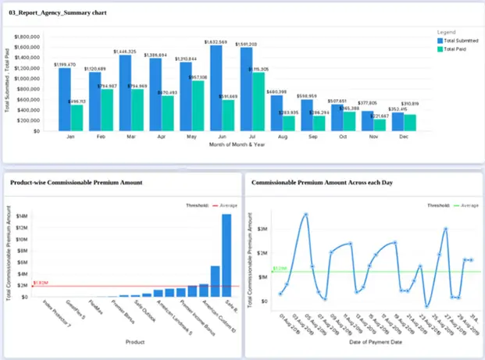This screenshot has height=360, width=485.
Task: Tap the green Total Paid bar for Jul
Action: [258, 102]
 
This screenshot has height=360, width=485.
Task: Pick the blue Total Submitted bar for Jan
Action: [65, 99]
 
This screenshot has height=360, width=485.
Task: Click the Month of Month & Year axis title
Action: [234, 146]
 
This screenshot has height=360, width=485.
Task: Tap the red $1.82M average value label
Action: [41, 283]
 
